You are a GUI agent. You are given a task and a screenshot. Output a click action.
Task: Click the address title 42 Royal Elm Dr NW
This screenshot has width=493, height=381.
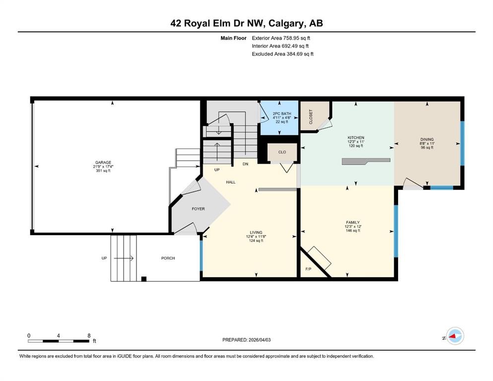[x=246, y=23]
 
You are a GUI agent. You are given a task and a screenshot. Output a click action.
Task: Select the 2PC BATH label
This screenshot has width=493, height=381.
[x=279, y=114]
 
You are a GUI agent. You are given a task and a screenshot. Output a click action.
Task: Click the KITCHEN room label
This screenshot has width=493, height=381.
[x=355, y=138]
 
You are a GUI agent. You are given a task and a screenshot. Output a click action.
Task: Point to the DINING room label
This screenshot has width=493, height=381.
[x=426, y=139]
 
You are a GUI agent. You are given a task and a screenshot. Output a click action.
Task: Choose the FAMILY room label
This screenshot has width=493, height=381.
[x=352, y=222]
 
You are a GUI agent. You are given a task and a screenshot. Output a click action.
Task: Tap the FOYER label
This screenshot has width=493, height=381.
[x=198, y=209]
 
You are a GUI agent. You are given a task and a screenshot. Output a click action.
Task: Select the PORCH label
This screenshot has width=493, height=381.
[x=168, y=258]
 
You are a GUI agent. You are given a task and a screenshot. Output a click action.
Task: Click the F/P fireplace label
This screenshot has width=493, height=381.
[x=308, y=270]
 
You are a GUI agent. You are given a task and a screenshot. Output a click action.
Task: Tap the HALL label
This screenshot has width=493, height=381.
[x=231, y=182]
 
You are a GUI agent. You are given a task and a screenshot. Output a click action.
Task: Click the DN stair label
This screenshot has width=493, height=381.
[x=245, y=164]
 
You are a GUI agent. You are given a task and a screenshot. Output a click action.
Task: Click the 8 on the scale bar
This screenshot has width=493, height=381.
[x=89, y=335]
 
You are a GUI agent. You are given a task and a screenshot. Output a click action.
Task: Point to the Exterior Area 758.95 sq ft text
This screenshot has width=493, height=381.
[x=282, y=38]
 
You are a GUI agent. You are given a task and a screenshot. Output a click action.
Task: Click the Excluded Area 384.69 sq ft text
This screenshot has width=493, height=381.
[x=282, y=54]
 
